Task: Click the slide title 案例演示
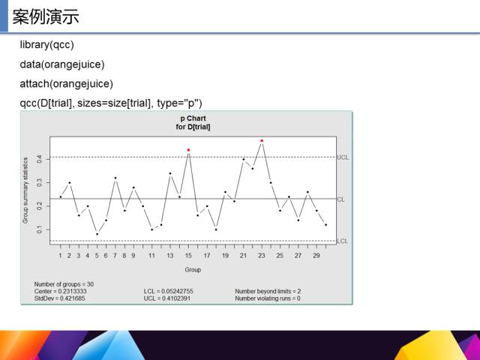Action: coord(46,16)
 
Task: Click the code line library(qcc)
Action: coord(46,45)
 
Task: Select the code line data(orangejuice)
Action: coord(62,64)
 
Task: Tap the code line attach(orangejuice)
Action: coord(67,84)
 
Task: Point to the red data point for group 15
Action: coord(188,150)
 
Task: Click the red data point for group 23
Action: coord(262,141)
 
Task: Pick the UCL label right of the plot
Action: coord(343,157)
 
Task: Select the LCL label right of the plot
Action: coord(343,241)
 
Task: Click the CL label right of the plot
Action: coord(340,199)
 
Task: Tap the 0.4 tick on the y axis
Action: coord(39,159)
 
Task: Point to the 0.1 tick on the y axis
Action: coord(39,229)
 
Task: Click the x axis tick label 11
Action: coord(151,256)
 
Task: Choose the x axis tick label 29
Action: coord(316,256)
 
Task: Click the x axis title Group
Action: coord(193,270)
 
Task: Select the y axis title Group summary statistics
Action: coord(25,190)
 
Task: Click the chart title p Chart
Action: coord(193,118)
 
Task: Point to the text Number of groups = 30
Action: coord(64,284)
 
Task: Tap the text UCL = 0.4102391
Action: coord(167,298)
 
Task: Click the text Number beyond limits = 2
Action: coord(268,291)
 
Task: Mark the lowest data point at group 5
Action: coord(97,234)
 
